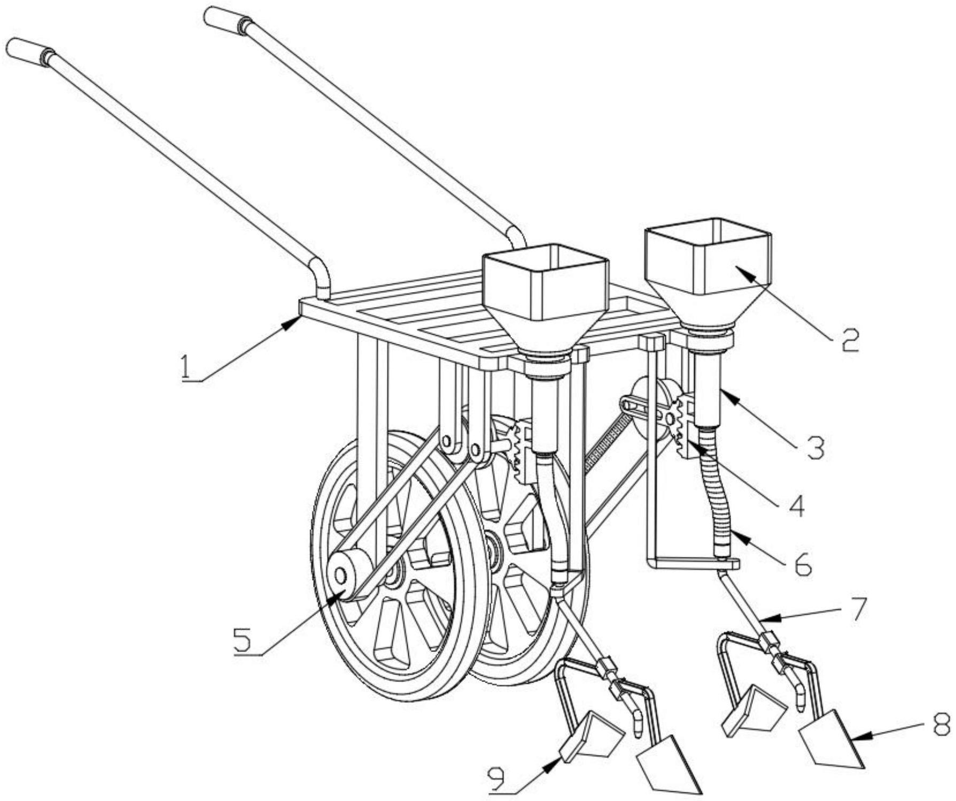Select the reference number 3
click(x=815, y=447)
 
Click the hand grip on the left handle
click(x=30, y=52)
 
